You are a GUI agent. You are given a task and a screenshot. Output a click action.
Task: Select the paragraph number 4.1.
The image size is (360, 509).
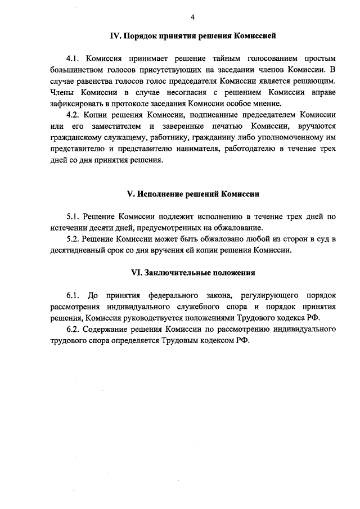click(74, 58)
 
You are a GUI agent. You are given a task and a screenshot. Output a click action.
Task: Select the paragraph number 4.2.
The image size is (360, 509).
click(74, 114)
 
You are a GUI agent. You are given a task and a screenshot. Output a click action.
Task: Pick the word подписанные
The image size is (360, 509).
click(220, 114)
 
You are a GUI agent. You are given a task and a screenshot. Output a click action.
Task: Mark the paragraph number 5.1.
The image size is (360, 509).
click(74, 217)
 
